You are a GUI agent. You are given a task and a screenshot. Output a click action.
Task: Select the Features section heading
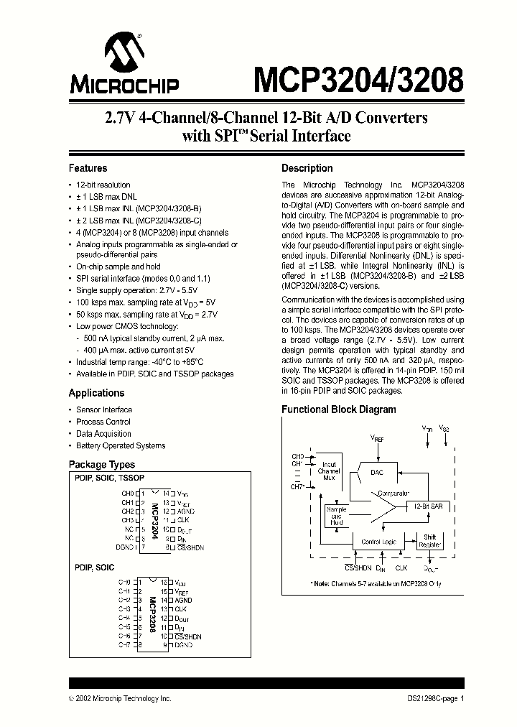point(88,168)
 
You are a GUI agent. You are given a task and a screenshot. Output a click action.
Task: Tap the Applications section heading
point(96,393)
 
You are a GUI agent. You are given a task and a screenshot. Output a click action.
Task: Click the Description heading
point(307,168)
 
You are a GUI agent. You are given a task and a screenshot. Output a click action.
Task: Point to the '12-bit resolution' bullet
point(103,185)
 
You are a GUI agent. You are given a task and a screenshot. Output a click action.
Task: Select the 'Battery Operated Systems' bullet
point(121,445)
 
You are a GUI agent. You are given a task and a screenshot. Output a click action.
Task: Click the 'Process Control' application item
point(103,422)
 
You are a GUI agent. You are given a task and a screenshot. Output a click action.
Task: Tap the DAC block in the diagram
point(377,473)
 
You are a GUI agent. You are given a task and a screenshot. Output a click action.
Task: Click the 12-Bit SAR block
point(427,506)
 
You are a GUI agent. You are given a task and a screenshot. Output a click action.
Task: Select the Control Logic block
point(379,542)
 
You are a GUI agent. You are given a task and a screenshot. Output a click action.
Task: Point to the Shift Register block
point(430,541)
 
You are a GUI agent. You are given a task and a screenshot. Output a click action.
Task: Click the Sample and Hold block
point(336,515)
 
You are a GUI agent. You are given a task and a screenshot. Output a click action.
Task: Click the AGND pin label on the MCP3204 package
point(185,511)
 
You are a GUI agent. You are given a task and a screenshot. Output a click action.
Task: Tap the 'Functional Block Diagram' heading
point(338,409)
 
